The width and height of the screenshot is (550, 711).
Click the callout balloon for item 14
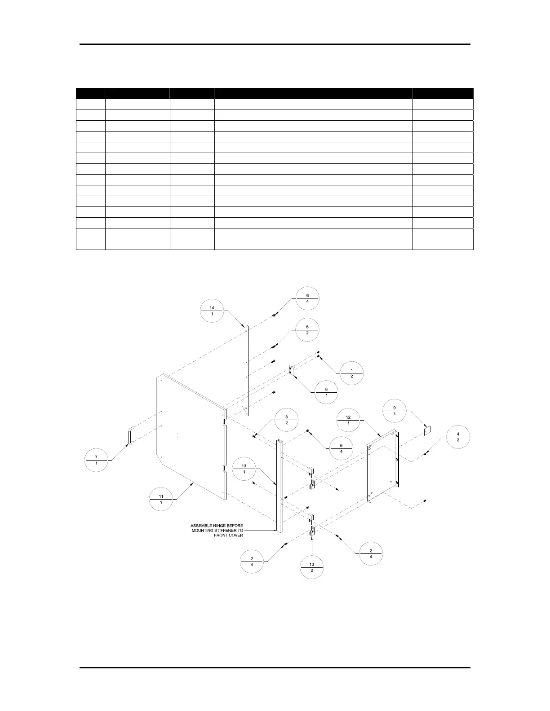[212, 310]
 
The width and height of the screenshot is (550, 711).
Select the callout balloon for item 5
[307, 330]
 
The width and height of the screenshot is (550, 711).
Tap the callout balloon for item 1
[351, 373]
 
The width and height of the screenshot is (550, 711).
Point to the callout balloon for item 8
[326, 392]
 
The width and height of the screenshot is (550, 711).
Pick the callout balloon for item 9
[395, 410]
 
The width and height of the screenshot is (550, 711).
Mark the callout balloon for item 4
[458, 437]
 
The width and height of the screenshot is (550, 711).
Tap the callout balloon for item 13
[244, 469]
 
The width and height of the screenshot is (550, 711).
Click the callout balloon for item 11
[161, 499]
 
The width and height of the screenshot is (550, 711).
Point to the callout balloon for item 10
[311, 567]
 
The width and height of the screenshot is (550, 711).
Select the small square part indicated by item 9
[427, 431]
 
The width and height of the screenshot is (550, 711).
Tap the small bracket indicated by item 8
[292, 372]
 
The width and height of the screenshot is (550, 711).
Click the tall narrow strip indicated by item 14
[245, 368]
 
